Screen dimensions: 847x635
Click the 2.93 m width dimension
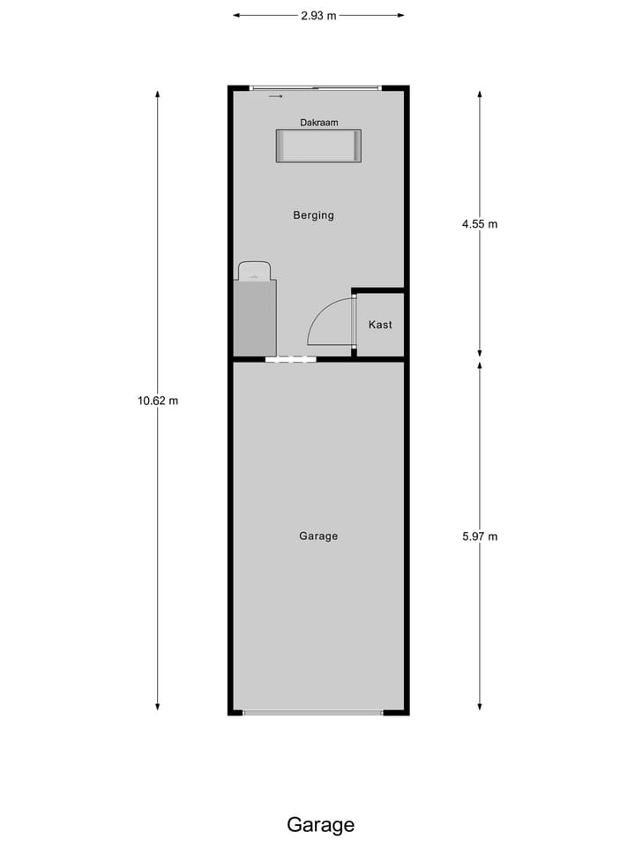pyautogui.click(x=318, y=15)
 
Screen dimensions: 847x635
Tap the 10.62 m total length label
pyautogui.click(x=158, y=401)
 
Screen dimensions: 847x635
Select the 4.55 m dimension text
pyautogui.click(x=480, y=224)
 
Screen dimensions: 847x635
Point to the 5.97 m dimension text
pyautogui.click(x=480, y=536)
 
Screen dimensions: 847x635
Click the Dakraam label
pyautogui.click(x=318, y=123)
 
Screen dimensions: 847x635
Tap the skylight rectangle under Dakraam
pyautogui.click(x=318, y=146)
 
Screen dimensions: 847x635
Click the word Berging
pyautogui.click(x=314, y=214)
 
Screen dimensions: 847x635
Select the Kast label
pyautogui.click(x=380, y=325)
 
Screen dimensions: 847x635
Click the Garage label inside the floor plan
pyautogui.click(x=318, y=536)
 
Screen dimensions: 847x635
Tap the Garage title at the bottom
pyautogui.click(x=320, y=825)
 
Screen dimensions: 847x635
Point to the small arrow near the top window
pyautogui.click(x=276, y=96)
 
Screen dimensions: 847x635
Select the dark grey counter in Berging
pyautogui.click(x=255, y=317)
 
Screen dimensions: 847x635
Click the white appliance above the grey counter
pyautogui.click(x=254, y=270)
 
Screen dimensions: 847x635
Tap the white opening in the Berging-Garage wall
pyautogui.click(x=291, y=359)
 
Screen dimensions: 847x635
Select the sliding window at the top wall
pyautogui.click(x=315, y=87)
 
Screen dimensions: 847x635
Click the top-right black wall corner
pyautogui.click(x=405, y=89)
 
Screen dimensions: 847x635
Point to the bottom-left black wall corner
pyautogui.click(x=233, y=709)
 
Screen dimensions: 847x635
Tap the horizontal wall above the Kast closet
pyautogui.click(x=379, y=290)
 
